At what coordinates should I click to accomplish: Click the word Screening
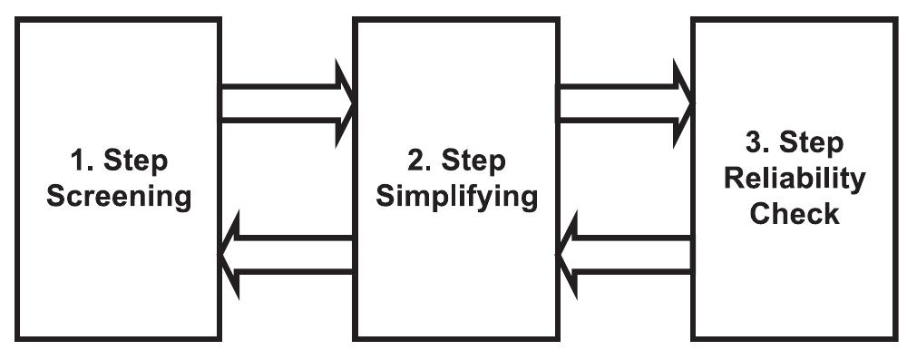119,198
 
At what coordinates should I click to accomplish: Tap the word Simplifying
456,198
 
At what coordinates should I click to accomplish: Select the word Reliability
795,179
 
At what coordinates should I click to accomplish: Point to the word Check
795,215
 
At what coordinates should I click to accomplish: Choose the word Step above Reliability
812,143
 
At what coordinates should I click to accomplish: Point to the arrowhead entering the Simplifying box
340,102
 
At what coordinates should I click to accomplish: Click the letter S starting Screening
55,198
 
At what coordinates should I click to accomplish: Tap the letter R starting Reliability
734,179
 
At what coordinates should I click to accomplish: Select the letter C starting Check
760,215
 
